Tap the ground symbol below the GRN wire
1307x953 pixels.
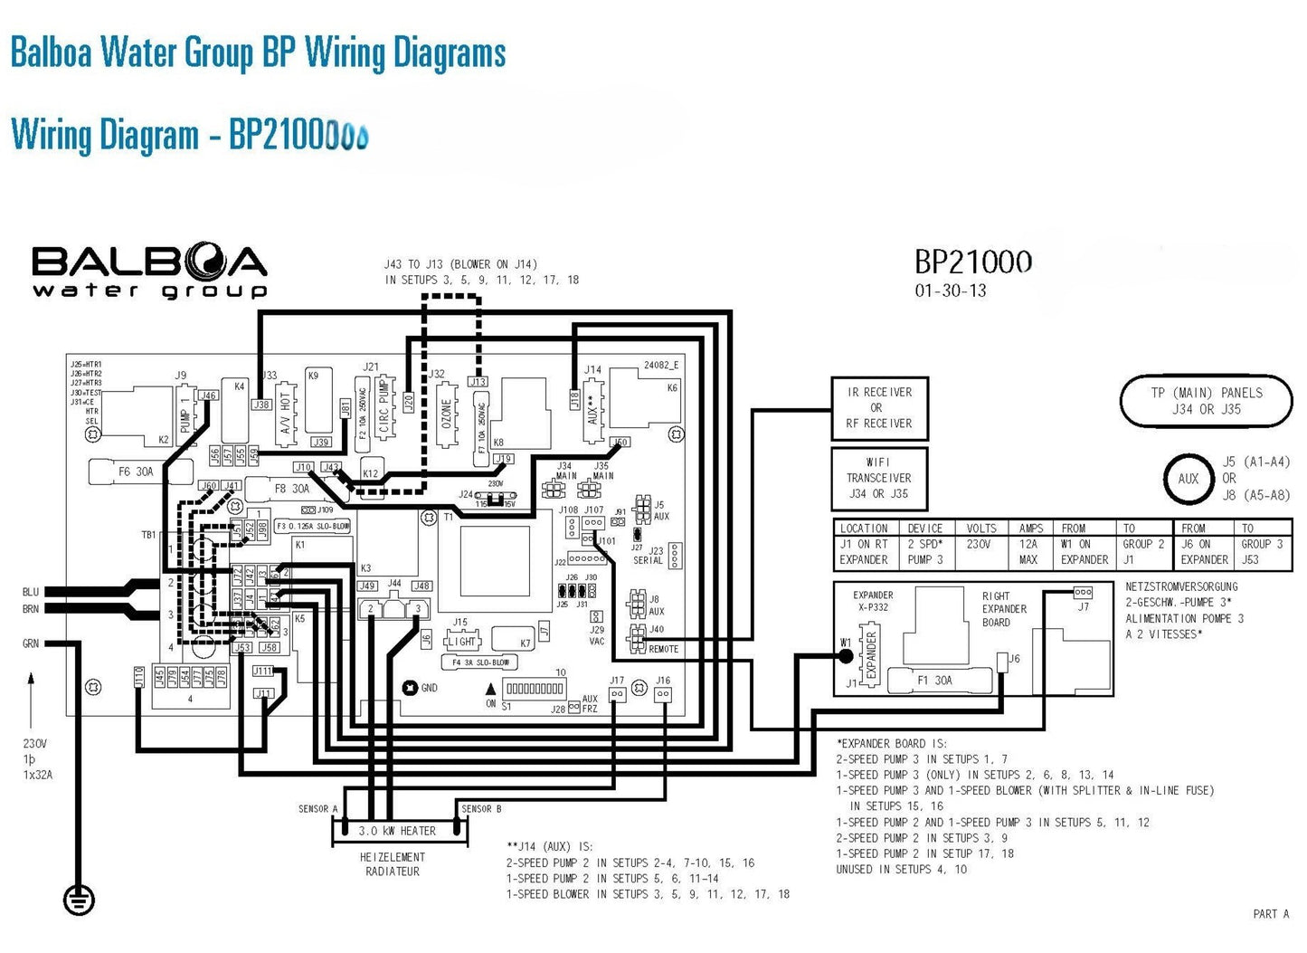tap(79, 899)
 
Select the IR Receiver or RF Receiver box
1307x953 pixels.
tap(879, 408)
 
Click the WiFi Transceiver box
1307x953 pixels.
tap(879, 478)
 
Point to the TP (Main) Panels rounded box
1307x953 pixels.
tap(1207, 401)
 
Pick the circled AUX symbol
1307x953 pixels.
tap(1188, 479)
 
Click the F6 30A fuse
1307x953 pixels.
tap(137, 472)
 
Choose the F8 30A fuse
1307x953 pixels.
tap(292, 489)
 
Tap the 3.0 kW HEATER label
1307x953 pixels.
tap(397, 831)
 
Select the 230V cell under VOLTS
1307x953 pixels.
tap(980, 545)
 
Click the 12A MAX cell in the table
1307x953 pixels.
tap(1030, 552)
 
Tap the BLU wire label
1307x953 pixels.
tap(31, 592)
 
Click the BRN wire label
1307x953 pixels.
tap(31, 609)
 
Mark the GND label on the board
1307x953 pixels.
tap(429, 688)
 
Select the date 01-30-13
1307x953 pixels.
tap(951, 291)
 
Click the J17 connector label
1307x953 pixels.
tap(616, 681)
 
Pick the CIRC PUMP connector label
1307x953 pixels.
tap(384, 407)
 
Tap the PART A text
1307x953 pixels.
tap(1271, 914)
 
